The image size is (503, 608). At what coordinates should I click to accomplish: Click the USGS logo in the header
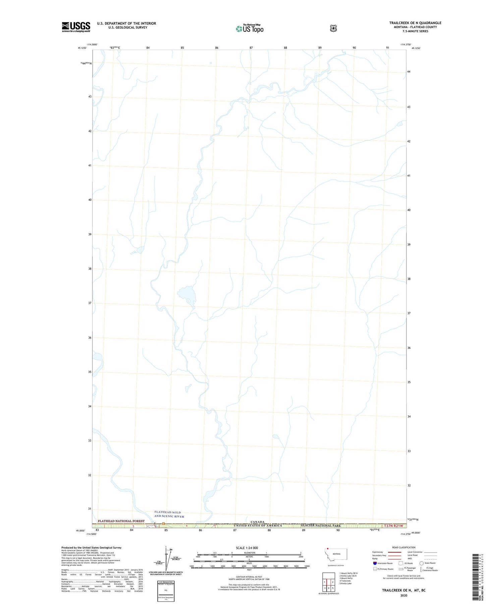[x=76, y=27]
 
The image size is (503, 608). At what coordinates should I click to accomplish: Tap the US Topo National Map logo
[x=250, y=29]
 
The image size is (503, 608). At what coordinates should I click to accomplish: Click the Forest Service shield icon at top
[x=333, y=28]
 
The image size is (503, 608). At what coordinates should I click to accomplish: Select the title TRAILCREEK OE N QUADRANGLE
[x=415, y=23]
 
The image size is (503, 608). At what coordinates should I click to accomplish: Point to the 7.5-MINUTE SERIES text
[x=415, y=31]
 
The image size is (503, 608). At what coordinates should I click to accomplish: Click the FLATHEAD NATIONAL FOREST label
[x=121, y=521]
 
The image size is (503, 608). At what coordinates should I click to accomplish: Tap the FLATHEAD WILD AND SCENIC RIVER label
[x=169, y=514]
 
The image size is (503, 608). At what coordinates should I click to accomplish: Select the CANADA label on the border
[x=258, y=522]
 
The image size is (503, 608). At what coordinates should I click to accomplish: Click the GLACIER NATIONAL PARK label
[x=321, y=526]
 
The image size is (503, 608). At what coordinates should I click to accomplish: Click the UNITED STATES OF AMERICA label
[x=258, y=526]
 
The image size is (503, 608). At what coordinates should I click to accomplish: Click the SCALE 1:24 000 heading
[x=247, y=548]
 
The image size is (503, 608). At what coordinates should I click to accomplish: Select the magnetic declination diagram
[x=167, y=559]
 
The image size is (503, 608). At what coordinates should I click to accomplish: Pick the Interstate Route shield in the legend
[x=375, y=563]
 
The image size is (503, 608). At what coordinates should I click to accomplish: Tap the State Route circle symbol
[x=422, y=563]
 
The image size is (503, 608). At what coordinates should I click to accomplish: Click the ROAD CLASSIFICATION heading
[x=404, y=547]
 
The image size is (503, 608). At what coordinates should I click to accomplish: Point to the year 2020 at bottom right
[x=403, y=596]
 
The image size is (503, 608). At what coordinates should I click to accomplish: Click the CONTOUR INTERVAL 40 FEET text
[x=249, y=577]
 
